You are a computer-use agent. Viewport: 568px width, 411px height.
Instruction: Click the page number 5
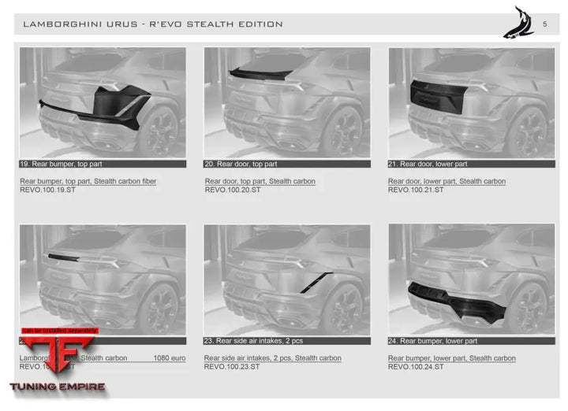coord(544,24)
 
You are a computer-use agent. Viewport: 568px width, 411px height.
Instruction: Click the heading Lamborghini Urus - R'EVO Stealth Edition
coord(153,24)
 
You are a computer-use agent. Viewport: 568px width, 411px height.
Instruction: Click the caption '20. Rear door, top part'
coord(241,164)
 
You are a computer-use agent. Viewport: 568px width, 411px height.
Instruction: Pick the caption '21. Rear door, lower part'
coord(428,164)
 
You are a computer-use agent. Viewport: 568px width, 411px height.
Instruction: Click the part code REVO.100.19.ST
coord(48,190)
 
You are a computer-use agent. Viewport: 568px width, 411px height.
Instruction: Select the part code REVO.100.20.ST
coord(233,190)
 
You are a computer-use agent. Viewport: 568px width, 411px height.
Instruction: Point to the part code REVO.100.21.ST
coord(416,190)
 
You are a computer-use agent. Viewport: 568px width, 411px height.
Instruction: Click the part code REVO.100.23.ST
coord(233,367)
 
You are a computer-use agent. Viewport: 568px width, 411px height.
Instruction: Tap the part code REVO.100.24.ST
coord(416,367)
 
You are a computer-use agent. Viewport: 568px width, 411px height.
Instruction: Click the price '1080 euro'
coord(170,358)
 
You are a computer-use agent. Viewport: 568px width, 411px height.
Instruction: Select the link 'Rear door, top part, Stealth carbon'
coord(260,181)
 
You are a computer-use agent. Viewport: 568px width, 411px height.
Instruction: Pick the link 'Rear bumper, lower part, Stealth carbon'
coord(452,358)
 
